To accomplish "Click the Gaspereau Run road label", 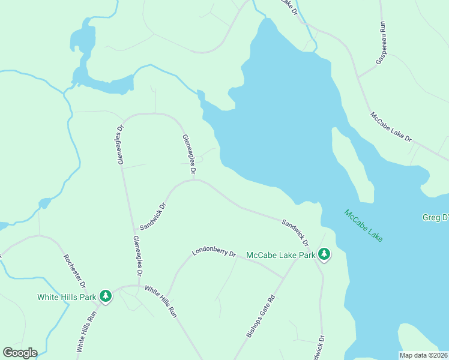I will pyautogui.click(x=381, y=44).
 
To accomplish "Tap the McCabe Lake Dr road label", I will pyautogui.click(x=391, y=127).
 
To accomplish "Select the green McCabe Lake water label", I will pyautogui.click(x=363, y=226).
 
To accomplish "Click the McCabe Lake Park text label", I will pyautogui.click(x=281, y=255).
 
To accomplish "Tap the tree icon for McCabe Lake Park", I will pyautogui.click(x=324, y=255).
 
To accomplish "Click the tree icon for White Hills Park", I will pyautogui.click(x=106, y=296).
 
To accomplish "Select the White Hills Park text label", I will pyautogui.click(x=66, y=296).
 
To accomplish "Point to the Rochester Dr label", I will pyautogui.click(x=75, y=271).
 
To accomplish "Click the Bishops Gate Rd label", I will pyautogui.click(x=260, y=315).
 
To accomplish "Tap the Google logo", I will pyautogui.click(x=20, y=353).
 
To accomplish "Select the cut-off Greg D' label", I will pyautogui.click(x=435, y=217).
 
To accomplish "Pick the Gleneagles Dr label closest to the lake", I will pyautogui.click(x=189, y=156).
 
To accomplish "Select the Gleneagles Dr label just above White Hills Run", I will pyautogui.click(x=137, y=256).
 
